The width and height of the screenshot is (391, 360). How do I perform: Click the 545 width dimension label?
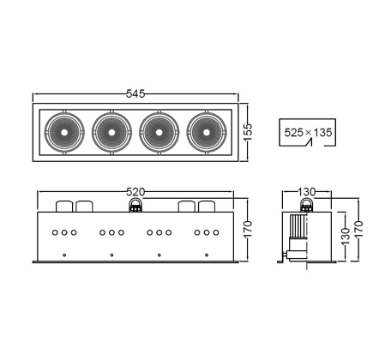point(135,93)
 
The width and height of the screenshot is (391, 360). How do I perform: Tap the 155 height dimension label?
point(248,132)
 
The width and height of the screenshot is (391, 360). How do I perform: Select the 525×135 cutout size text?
point(308,133)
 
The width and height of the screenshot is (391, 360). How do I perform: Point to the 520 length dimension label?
point(135,192)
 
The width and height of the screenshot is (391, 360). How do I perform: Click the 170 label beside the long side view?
point(248,229)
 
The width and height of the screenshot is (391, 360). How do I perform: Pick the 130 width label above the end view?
point(307,192)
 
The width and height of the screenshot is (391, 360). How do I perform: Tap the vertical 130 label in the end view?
point(346,236)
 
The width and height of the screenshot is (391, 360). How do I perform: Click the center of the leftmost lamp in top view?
point(64,132)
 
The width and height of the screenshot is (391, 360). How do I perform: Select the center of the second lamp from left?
point(111,132)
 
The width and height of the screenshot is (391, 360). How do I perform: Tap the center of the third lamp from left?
point(159,132)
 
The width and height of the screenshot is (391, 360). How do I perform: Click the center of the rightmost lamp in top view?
point(207,132)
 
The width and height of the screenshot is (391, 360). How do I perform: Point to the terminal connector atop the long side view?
point(135,205)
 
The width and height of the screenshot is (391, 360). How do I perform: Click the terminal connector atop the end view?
point(306,205)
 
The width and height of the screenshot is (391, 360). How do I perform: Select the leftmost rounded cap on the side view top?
point(64,207)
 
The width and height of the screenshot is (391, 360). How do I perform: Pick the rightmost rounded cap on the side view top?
point(207,207)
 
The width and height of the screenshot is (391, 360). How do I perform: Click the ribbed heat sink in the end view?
point(298,226)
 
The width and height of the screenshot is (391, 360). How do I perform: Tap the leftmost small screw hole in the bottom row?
point(64,255)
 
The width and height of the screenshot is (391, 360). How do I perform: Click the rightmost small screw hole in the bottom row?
point(207,255)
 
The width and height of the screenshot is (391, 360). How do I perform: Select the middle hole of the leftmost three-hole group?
point(64,232)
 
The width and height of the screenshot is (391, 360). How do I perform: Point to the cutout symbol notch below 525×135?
point(309,142)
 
